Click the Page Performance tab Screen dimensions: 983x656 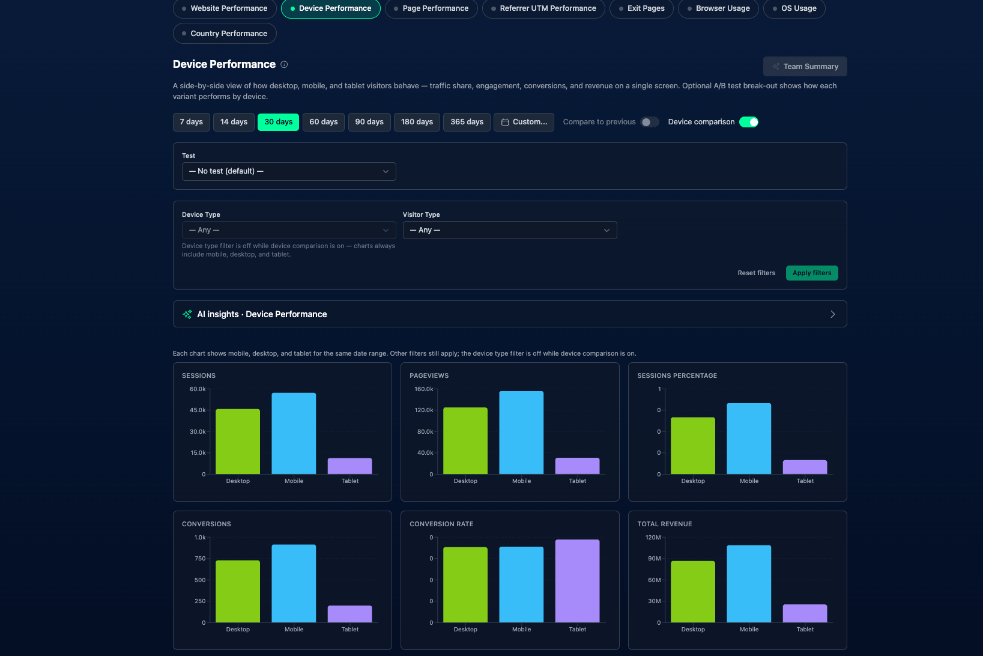431,8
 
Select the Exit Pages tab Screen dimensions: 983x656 641,8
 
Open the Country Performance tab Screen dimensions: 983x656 224,34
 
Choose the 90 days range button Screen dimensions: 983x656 369,122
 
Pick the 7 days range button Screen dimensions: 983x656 192,122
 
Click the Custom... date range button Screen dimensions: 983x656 524,122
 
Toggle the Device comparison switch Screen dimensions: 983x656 749,122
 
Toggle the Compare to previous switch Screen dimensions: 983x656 650,122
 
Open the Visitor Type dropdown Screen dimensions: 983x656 509,230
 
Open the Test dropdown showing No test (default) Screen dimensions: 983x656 289,171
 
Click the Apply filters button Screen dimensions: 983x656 811,273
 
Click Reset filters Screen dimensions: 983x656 756,273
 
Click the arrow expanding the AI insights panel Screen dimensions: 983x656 832,314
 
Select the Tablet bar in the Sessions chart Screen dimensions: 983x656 349,466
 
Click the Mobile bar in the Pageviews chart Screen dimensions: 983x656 521,433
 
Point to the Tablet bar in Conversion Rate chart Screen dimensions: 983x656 577,581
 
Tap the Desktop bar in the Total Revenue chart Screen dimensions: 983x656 693,592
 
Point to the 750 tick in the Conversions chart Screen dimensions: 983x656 200,559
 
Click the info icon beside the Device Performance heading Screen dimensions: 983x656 285,64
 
